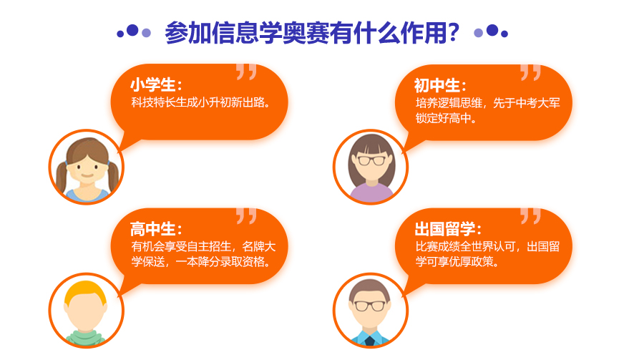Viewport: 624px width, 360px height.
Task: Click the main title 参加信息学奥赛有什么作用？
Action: (x=312, y=33)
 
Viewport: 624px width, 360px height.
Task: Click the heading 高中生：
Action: (x=156, y=229)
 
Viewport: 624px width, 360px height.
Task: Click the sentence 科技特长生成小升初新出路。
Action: (x=200, y=102)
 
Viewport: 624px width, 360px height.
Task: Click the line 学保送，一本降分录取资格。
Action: (x=200, y=262)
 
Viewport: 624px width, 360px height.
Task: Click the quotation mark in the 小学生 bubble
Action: (x=245, y=72)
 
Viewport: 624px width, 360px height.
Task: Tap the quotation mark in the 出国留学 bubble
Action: (x=530, y=216)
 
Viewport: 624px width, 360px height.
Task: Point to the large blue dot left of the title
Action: (x=132, y=30)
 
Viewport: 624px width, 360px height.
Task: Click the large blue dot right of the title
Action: (x=492, y=30)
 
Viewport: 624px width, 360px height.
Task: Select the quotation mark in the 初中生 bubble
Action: (x=530, y=72)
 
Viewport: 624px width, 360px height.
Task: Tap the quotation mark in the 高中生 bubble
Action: (x=245, y=216)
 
